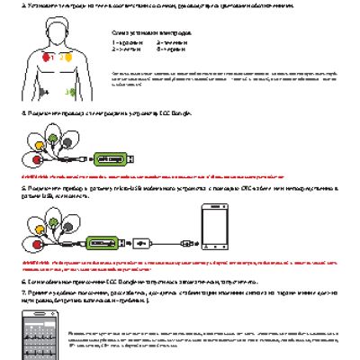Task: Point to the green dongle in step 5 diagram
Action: [x=106, y=241]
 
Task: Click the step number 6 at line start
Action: [x=22, y=281]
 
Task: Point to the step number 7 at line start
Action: [x=22, y=293]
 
